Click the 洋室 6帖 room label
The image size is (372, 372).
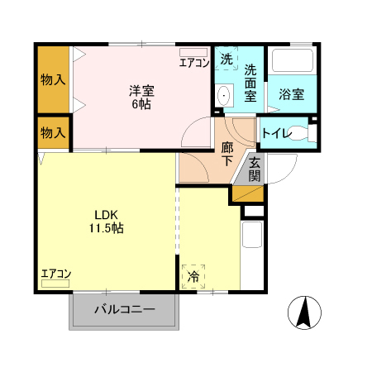(140, 98)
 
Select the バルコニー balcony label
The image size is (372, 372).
(124, 311)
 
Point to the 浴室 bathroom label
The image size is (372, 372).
(290, 94)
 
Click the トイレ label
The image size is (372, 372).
(274, 132)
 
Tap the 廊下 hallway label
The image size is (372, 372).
(228, 155)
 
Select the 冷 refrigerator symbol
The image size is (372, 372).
(193, 276)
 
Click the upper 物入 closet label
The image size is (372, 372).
(54, 80)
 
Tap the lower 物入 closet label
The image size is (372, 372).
(54, 132)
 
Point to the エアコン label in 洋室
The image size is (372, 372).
(194, 61)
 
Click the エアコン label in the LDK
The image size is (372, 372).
(56, 274)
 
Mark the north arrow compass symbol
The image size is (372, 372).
(303, 313)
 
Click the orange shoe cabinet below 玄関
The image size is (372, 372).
(247, 194)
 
